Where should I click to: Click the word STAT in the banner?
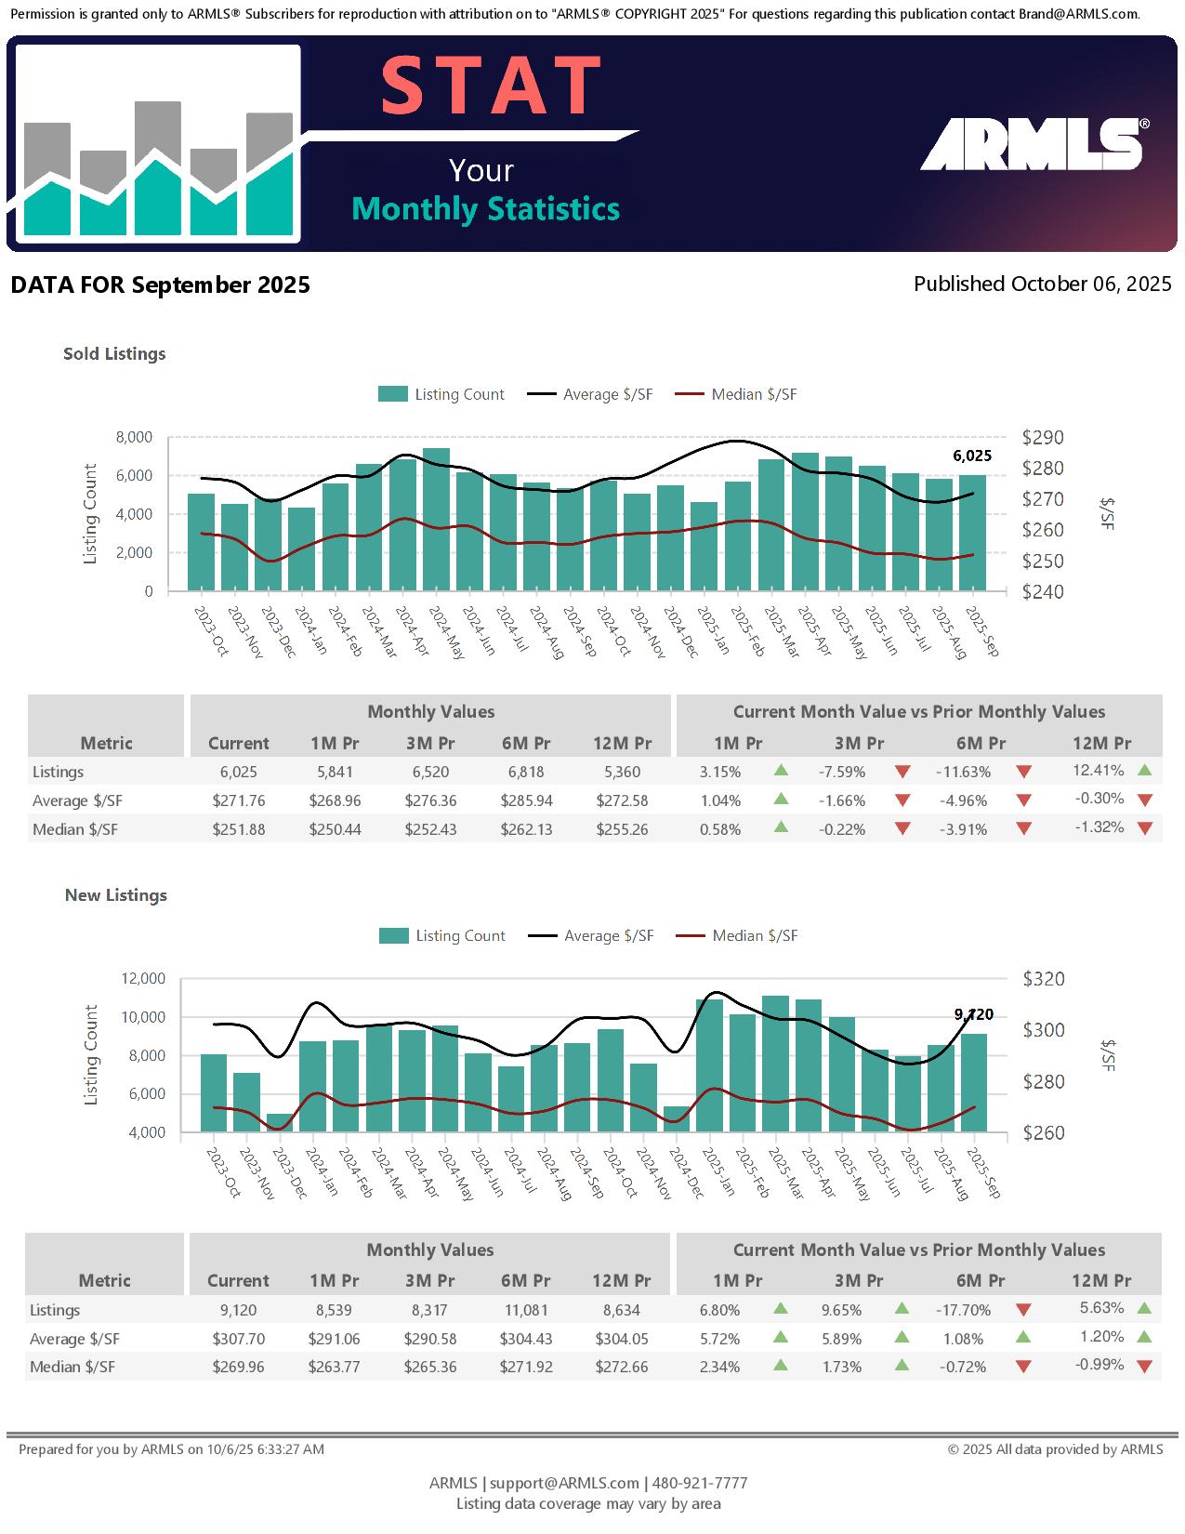pyautogui.click(x=491, y=86)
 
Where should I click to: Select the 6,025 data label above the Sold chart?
pyautogui.click(x=972, y=456)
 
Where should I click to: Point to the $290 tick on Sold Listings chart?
pyautogui.click(x=1043, y=437)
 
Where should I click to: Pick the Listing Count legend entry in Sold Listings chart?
pyautogui.click(x=441, y=394)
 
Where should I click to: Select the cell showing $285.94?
pyautogui.click(x=526, y=800)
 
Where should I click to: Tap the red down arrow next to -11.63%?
pyautogui.click(x=1023, y=772)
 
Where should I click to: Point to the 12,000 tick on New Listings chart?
pyautogui.click(x=143, y=978)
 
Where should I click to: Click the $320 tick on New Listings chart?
pyautogui.click(x=1044, y=978)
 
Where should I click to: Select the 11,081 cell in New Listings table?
pyautogui.click(x=525, y=1310)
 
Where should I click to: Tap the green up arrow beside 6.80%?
pyautogui.click(x=781, y=1309)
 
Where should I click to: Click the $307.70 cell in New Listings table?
pyautogui.click(x=238, y=1339)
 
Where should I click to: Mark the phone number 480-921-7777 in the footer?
pyautogui.click(x=700, y=1483)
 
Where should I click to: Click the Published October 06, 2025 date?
pyautogui.click(x=1042, y=284)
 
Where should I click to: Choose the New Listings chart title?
pyautogui.click(x=116, y=895)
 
